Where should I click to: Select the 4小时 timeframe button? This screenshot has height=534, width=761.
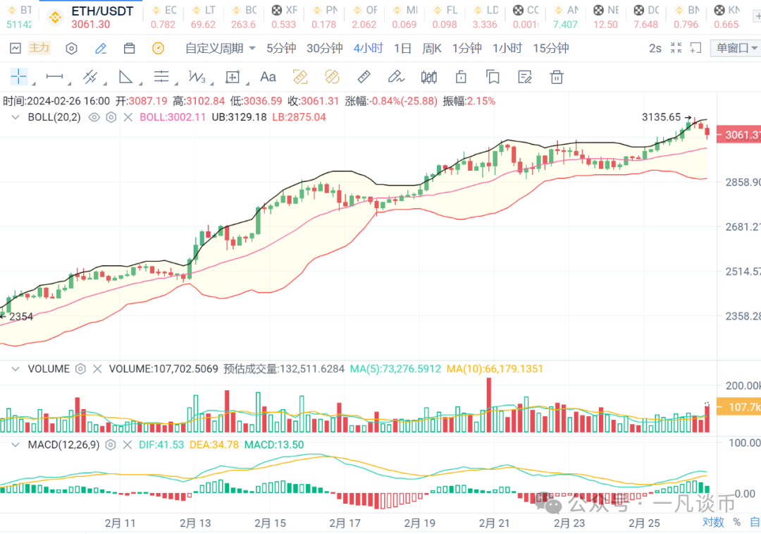point(369,49)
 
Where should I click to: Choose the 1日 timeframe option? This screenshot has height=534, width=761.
point(402,49)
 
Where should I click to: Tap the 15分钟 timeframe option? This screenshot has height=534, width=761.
point(550,49)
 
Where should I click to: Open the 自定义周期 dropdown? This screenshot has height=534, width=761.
point(220,49)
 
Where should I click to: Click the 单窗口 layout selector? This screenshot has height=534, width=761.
point(736,49)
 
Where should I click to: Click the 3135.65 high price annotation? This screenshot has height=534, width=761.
point(662,117)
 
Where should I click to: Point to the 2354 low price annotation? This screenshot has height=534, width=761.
point(19,317)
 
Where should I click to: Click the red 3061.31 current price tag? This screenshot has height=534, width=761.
point(738,135)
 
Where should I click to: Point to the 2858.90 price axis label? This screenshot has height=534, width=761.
point(743,182)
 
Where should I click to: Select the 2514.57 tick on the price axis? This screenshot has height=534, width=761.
point(743,272)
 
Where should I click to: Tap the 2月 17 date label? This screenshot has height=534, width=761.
point(345,523)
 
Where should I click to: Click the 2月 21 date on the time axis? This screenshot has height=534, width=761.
point(494,523)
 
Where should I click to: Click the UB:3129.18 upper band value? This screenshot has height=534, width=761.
point(239,117)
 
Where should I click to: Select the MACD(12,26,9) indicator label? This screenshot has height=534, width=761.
point(62,445)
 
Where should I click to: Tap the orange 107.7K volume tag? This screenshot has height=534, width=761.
point(738,407)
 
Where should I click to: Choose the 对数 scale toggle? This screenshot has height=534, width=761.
point(713,522)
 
